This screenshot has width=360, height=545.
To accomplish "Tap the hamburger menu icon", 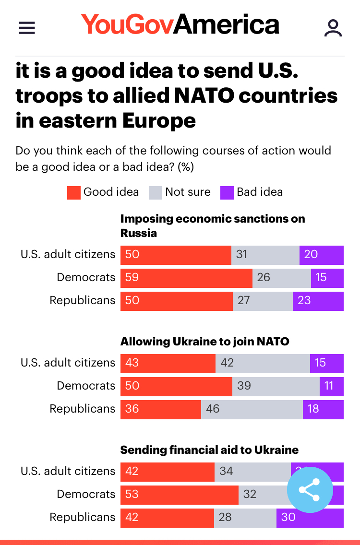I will tap(27, 28).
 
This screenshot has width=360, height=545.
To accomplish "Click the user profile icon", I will tap(333, 28).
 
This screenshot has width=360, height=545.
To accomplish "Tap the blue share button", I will tap(310, 490).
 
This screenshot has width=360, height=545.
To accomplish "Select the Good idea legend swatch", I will tap(73, 192).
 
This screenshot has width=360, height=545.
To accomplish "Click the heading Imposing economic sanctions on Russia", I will tap(212, 226).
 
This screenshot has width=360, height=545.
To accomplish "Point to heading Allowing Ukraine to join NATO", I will tap(204, 342).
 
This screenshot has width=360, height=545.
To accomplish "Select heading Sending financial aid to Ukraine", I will tap(209, 450).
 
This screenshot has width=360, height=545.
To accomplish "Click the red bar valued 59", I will tap(186, 277).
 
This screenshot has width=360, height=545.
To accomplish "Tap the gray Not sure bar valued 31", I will tap(265, 254).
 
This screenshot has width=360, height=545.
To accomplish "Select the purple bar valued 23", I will tap(318, 300).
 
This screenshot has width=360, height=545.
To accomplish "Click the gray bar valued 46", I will tap(252, 409).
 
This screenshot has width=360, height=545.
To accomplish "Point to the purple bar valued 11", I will tap(332, 386).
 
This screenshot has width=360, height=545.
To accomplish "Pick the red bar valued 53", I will tap(179, 494).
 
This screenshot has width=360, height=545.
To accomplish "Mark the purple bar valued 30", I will tap(310, 517).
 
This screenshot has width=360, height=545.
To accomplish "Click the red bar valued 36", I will tap(160, 409).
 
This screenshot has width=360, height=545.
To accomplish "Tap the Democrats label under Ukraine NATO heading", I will tap(86, 386).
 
